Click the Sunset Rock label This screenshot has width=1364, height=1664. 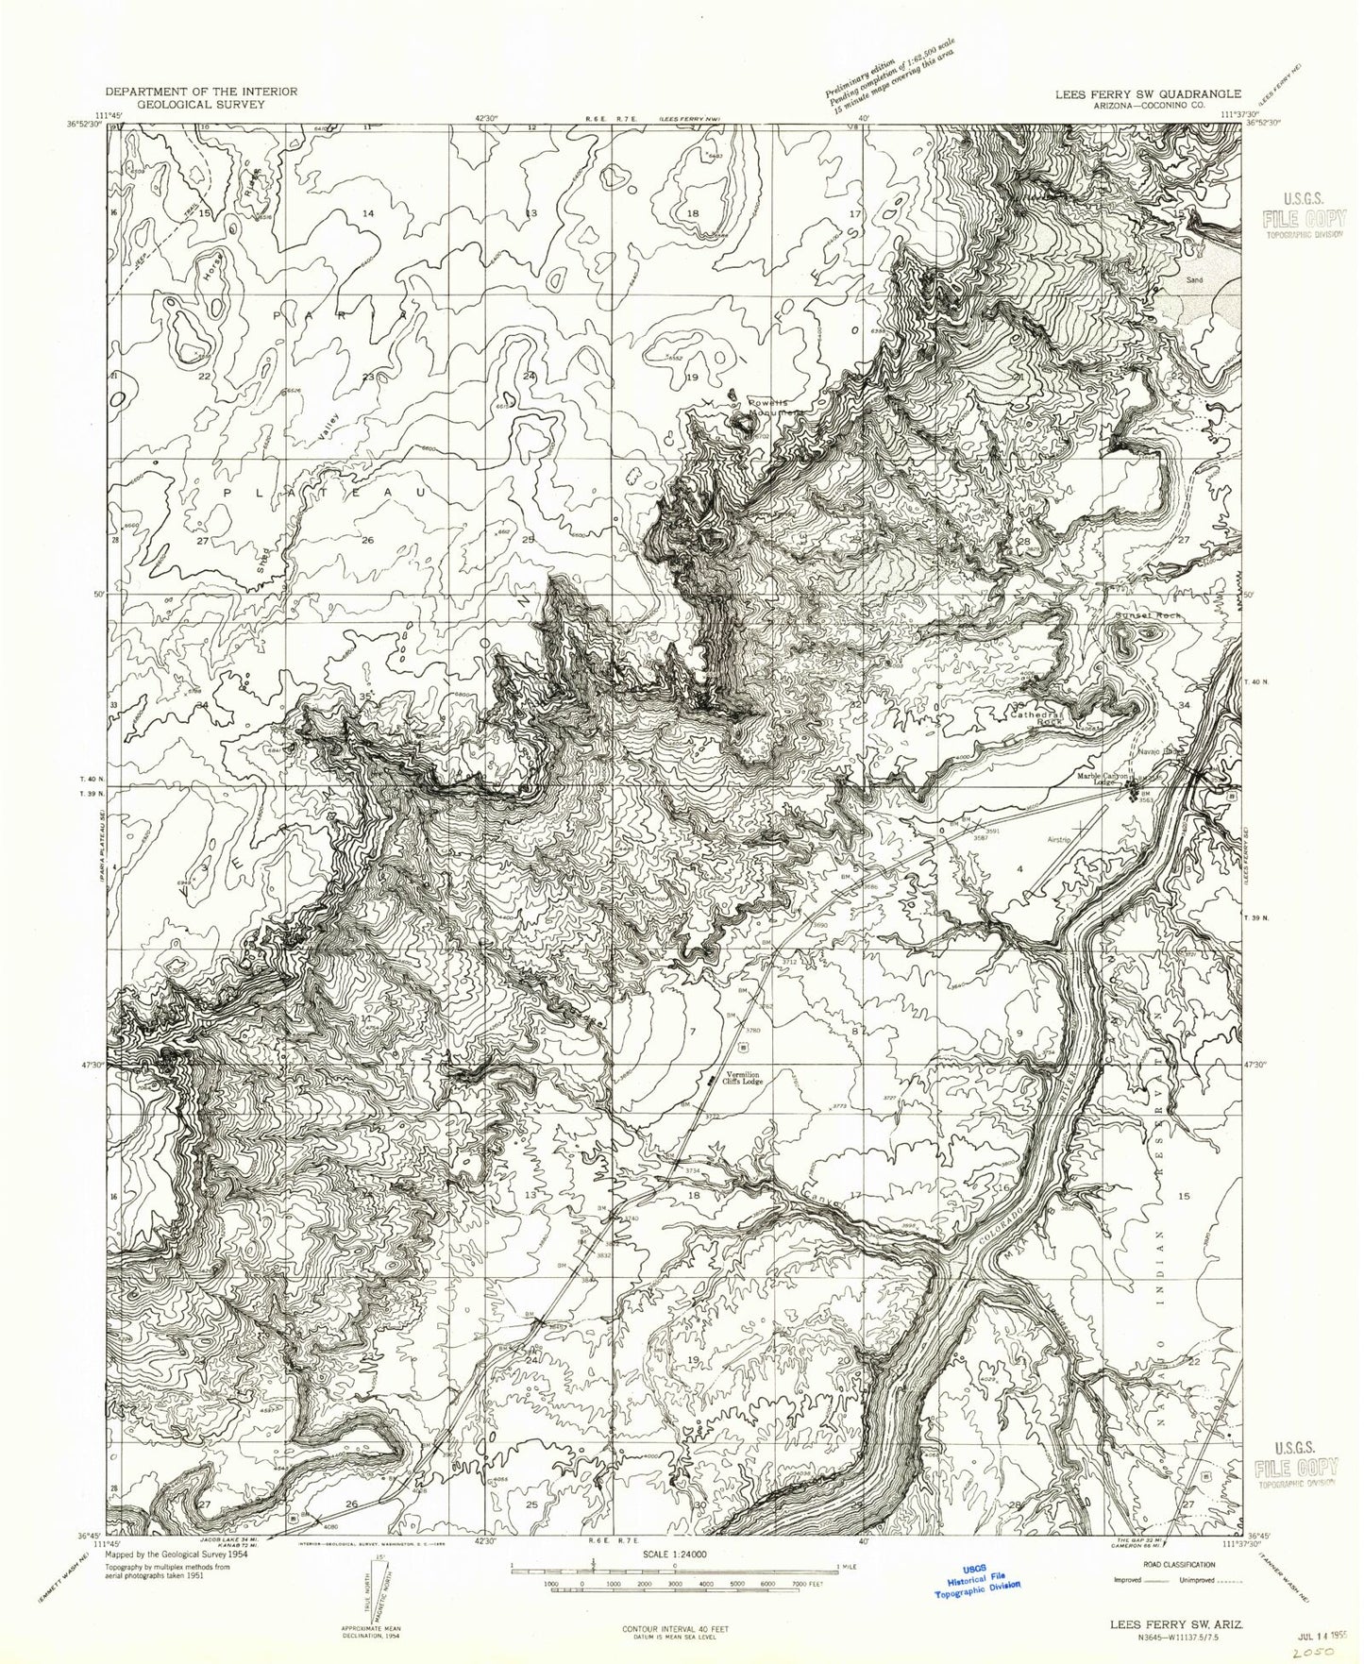[x=1147, y=615]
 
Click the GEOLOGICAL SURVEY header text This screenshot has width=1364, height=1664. [x=201, y=104]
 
